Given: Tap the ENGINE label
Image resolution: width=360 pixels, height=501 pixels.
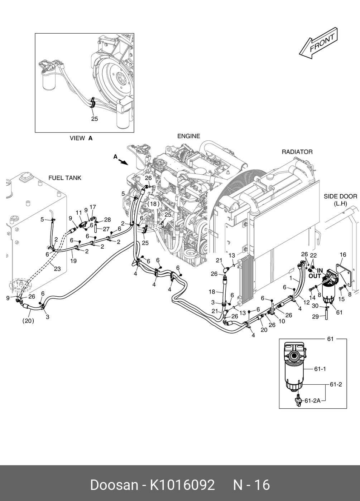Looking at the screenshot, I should pos(188,136).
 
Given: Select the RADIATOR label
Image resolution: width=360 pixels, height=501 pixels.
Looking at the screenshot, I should pos(297,152).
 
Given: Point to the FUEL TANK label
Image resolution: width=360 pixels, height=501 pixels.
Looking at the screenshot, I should pos(65,178).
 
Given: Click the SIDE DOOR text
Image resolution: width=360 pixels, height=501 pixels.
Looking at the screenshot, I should pos(340,196).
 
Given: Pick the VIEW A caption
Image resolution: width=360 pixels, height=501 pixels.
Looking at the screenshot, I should pos(81,138).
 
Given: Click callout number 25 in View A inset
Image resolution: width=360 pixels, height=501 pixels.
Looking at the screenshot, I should pos(94,119).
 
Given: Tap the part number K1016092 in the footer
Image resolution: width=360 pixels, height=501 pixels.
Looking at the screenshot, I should pos(182,485).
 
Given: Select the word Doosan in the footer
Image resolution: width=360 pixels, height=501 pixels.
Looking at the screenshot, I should pos(114,485).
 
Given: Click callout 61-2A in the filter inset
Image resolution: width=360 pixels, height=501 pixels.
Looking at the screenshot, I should pos(312,401).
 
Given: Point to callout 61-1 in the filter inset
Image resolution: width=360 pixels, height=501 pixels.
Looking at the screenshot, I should pos(320,369).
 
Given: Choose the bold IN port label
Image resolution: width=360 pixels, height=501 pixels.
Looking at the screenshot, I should pos(320,271).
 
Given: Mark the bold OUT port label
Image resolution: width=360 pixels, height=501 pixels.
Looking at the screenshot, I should pos(315,276).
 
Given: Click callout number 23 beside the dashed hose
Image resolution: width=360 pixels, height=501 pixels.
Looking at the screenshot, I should pos(57,269).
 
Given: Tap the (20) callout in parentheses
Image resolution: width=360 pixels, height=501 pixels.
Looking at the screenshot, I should pos(28,321).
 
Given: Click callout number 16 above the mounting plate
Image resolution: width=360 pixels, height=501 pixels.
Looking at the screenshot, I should pos(342,255).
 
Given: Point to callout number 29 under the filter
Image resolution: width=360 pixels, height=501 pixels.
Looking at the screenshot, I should pos(315,316).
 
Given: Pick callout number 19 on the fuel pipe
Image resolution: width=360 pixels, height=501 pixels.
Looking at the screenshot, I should pos(73,261).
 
